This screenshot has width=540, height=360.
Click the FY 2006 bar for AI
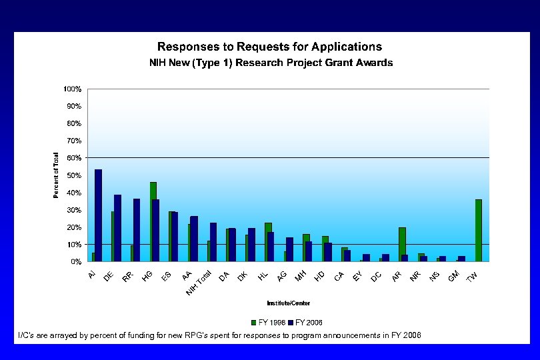[x=98, y=215]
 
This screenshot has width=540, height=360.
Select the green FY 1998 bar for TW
[x=478, y=231]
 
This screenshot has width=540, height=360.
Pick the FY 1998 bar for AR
[x=401, y=245]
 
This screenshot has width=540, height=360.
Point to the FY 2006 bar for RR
[x=137, y=230]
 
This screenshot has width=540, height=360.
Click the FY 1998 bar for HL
[x=267, y=242]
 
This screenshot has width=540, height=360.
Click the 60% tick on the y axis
[x=73, y=158]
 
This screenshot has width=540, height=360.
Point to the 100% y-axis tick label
[x=72, y=89]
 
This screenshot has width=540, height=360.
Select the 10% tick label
[x=73, y=245]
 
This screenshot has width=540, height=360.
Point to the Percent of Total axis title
[x=56, y=175]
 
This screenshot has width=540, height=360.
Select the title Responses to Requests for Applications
[x=269, y=47]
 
